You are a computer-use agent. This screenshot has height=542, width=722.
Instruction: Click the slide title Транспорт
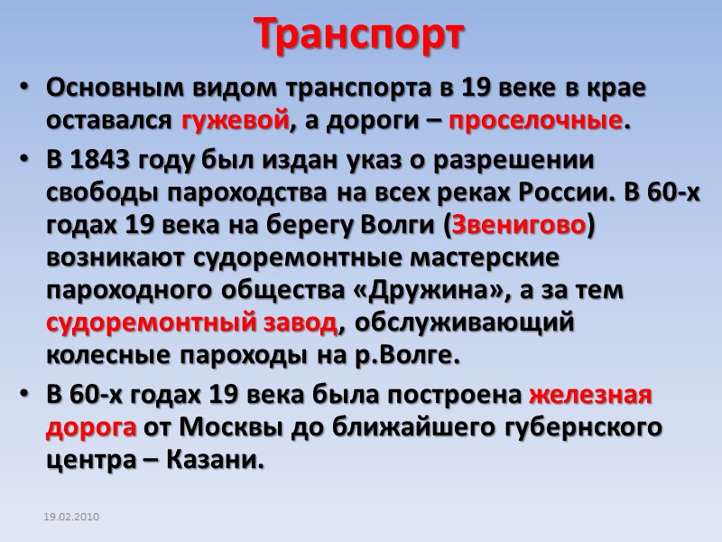(360, 34)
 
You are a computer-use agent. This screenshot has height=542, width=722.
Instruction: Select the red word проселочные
(534, 120)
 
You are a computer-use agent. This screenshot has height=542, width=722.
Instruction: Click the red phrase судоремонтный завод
(192, 322)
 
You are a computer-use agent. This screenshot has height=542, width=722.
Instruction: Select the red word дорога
(91, 427)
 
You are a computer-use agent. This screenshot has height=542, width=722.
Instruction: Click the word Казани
(220, 460)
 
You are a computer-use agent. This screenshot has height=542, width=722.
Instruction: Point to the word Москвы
(236, 427)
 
